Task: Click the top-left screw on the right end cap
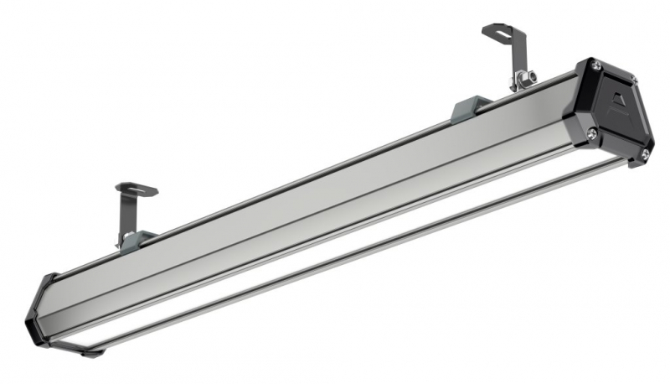tap(594, 65)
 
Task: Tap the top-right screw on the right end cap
tap(633, 80)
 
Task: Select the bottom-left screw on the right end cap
tap(592, 132)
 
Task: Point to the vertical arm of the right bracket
tap(516, 59)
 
